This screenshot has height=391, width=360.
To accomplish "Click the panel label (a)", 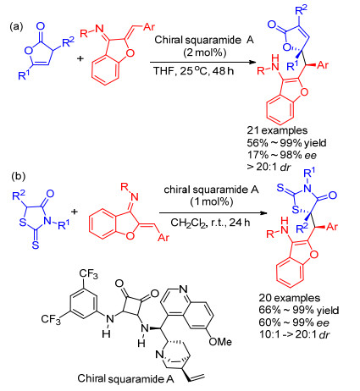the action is (x=16, y=27).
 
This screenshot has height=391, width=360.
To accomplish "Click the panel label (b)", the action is (x=19, y=176).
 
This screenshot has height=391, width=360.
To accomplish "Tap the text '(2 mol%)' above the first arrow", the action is (x=205, y=52).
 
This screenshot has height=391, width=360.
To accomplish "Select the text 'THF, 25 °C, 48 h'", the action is (x=194, y=70).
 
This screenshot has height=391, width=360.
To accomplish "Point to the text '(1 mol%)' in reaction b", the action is (x=212, y=201).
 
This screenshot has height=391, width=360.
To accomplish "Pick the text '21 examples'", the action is (x=277, y=130).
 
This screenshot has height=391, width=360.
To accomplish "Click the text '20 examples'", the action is (x=290, y=298).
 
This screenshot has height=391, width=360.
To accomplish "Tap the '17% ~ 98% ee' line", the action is (x=282, y=155).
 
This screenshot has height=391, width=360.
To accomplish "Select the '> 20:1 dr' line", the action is (x=269, y=167).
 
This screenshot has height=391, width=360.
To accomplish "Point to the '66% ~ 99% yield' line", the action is (x=299, y=311).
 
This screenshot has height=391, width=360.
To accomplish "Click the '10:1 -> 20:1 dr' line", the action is (x=295, y=334).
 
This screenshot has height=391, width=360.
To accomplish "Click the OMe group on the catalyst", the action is (x=220, y=342).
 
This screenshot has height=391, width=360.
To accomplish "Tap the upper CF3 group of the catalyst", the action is (x=88, y=274).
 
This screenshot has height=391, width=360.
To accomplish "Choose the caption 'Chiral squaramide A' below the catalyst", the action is (x=125, y=378).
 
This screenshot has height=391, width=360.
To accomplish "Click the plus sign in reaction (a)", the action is (x=80, y=58).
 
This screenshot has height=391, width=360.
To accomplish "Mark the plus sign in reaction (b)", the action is (x=75, y=211).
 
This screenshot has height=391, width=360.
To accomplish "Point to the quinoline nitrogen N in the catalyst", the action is (x=183, y=289).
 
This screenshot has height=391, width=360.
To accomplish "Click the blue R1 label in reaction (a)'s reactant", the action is (x=24, y=75).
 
